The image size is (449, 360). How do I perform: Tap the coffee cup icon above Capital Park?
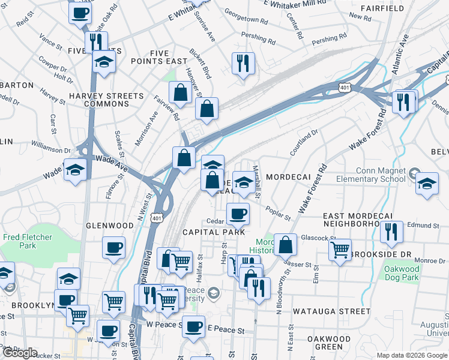238,214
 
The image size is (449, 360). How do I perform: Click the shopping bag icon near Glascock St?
286,244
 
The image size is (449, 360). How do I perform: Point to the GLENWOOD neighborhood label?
110,226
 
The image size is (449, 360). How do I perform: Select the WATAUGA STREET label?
331,311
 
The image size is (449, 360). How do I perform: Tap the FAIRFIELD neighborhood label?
382,8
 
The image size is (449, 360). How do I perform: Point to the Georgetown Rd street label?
246,20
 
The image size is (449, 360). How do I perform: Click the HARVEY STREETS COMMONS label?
107,100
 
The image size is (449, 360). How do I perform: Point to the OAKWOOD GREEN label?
329,343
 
